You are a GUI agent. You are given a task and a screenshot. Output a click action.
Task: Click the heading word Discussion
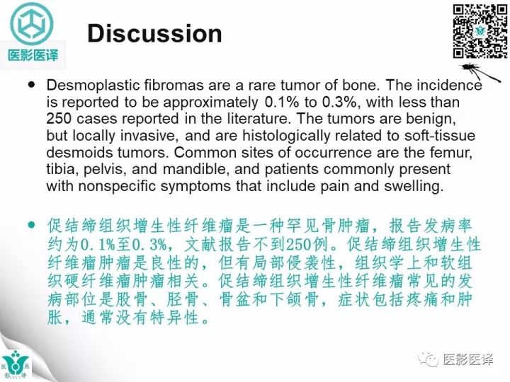tap(154, 33)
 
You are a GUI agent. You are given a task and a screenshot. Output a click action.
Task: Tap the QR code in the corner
tap(480, 31)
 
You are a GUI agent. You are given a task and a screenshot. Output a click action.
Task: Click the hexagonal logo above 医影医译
tap(33, 24)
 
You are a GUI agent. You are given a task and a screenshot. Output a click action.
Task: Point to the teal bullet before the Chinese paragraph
tap(31, 224)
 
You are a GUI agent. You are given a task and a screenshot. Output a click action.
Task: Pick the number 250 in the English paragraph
tap(62, 118)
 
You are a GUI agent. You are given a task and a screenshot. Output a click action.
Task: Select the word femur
tap(458, 152)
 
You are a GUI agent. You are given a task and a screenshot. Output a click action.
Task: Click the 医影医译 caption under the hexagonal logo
tap(33, 55)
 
